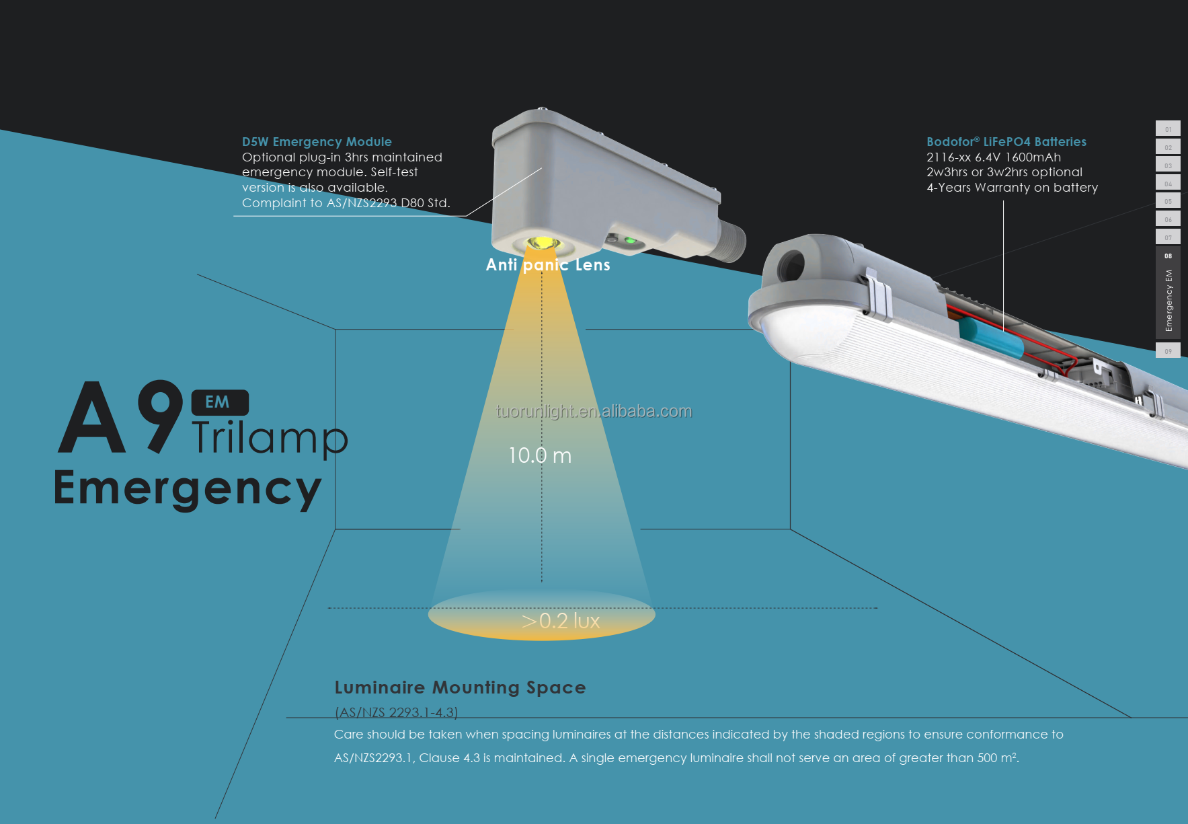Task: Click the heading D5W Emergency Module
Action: pyautogui.click(x=317, y=142)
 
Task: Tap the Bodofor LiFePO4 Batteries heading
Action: pyautogui.click(x=1006, y=142)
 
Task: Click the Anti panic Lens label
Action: pyautogui.click(x=548, y=265)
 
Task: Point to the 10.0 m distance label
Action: pyautogui.click(x=540, y=455)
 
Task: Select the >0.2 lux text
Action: pyautogui.click(x=561, y=620)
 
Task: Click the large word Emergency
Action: pyautogui.click(x=188, y=489)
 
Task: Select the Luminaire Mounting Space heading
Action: pyautogui.click(x=460, y=687)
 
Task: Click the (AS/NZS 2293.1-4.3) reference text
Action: pyautogui.click(x=396, y=712)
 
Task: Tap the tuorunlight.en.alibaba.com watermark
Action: pyautogui.click(x=594, y=411)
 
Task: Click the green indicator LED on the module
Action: pyautogui.click(x=630, y=240)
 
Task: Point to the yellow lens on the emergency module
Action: pyautogui.click(x=543, y=243)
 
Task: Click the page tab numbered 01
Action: pyautogui.click(x=1168, y=128)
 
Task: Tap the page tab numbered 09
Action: pyautogui.click(x=1168, y=350)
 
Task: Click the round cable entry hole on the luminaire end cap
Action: pyautogui.click(x=791, y=266)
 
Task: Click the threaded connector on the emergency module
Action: pyautogui.click(x=731, y=241)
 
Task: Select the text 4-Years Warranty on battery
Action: pyautogui.click(x=1012, y=188)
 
